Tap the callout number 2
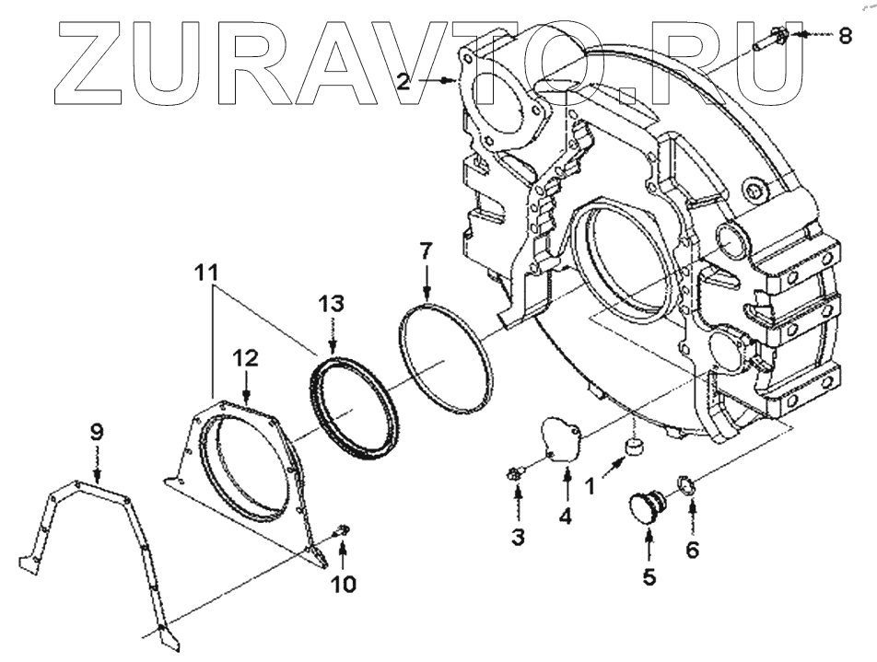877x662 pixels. (403, 81)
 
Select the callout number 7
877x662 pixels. (425, 250)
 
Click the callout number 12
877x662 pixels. (247, 359)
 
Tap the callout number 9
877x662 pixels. (96, 430)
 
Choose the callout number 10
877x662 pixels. (342, 584)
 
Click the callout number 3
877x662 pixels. (519, 537)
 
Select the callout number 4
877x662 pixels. (565, 517)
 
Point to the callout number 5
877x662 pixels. (649, 577)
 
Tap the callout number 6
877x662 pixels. (692, 550)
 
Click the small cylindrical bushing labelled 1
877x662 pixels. (634, 447)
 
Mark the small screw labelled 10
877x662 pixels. (342, 529)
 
